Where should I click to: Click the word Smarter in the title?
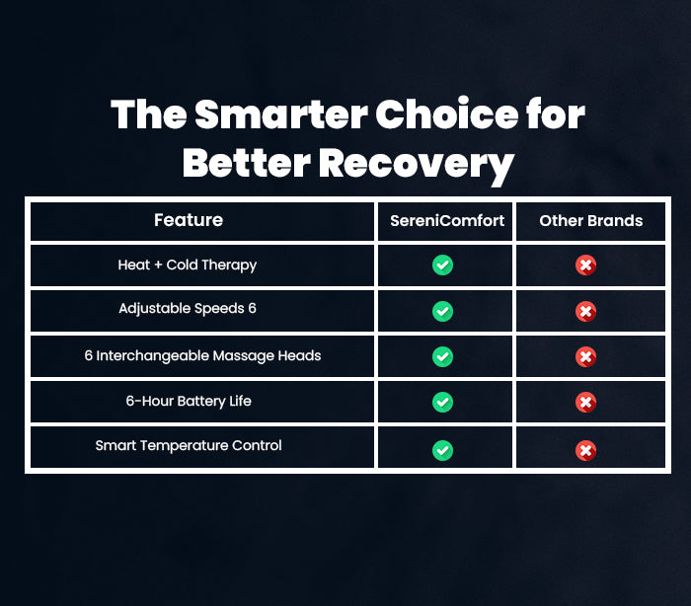tap(281, 114)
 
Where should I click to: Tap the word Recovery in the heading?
tap(417, 165)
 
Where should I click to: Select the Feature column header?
tap(189, 220)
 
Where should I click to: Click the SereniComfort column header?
tap(447, 220)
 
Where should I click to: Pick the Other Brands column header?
tap(591, 220)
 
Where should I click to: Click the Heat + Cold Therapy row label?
tap(188, 265)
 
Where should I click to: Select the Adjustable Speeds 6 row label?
tap(188, 309)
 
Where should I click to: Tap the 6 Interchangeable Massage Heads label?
tap(202, 355)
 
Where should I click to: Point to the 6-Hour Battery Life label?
tap(189, 401)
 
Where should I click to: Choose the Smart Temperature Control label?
tap(189, 445)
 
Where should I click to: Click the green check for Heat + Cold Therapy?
tap(442, 265)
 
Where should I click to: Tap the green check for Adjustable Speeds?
tap(442, 311)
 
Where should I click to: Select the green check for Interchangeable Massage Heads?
tap(442, 356)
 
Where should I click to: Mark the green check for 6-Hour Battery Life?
tap(442, 402)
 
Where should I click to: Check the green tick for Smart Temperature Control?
tap(442, 450)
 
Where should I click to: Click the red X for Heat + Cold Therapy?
tap(585, 265)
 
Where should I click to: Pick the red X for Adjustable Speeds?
tap(585, 311)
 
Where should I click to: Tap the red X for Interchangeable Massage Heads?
tap(585, 356)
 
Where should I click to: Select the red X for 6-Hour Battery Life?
tap(585, 402)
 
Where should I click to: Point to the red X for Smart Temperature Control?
tap(585, 450)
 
